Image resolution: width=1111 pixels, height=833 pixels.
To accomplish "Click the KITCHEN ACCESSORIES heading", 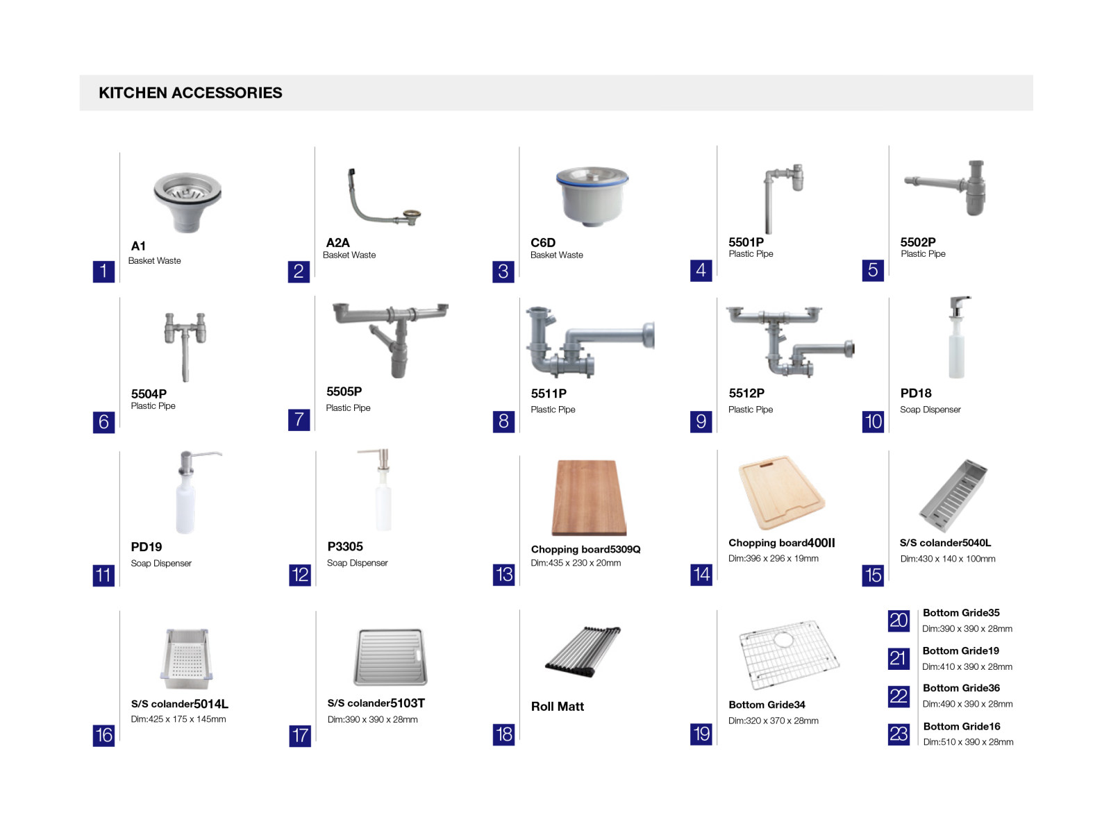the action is (x=190, y=92).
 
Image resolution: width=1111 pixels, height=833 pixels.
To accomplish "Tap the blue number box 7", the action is (x=299, y=420).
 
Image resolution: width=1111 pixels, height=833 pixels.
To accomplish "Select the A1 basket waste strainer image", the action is (x=187, y=202).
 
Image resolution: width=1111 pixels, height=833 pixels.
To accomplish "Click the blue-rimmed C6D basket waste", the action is (x=592, y=196).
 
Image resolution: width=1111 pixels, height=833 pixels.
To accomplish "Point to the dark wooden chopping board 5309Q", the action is (x=589, y=497).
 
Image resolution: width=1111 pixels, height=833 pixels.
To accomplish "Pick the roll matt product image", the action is (x=583, y=651).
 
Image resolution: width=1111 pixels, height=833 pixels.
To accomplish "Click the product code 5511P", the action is (x=549, y=394).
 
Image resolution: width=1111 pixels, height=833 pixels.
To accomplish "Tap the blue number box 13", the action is (x=503, y=575).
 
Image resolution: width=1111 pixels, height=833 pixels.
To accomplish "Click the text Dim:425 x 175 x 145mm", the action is (x=178, y=718).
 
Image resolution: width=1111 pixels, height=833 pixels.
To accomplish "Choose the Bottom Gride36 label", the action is (x=961, y=688).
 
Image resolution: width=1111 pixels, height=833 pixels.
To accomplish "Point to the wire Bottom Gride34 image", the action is (x=789, y=655).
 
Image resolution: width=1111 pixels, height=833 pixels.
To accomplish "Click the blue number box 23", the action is (x=899, y=734).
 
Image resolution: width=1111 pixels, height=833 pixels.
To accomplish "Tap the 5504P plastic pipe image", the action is (x=185, y=346).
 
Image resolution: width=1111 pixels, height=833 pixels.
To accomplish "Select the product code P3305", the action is (x=345, y=547).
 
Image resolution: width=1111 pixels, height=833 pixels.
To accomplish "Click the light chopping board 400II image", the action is (x=782, y=492).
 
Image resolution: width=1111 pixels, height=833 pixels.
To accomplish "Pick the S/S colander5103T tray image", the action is (x=390, y=657).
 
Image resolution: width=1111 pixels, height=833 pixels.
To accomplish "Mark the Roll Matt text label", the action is (x=558, y=707).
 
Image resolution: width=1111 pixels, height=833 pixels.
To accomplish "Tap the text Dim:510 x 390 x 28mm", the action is (x=968, y=742).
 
